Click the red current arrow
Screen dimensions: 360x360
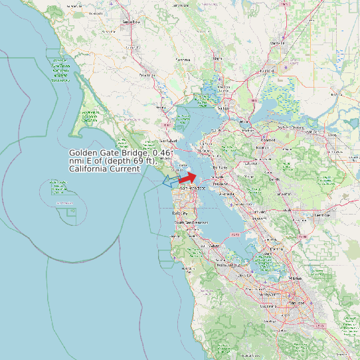189,177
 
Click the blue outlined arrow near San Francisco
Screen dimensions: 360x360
171,180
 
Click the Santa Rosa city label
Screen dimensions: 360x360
132,22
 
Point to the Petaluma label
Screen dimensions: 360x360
146,76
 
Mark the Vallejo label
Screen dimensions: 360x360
223,108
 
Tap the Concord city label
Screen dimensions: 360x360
268,140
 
